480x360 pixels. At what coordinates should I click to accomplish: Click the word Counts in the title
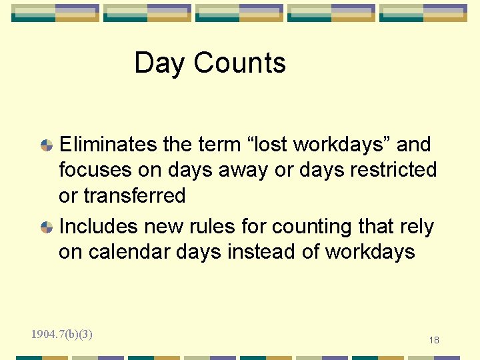[240, 63]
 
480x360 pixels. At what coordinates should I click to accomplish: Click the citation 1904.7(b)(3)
[61, 334]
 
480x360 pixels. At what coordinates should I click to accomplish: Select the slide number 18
[434, 341]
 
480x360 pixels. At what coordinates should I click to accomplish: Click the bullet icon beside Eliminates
[47, 145]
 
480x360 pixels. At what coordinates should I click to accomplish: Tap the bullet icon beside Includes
[47, 227]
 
